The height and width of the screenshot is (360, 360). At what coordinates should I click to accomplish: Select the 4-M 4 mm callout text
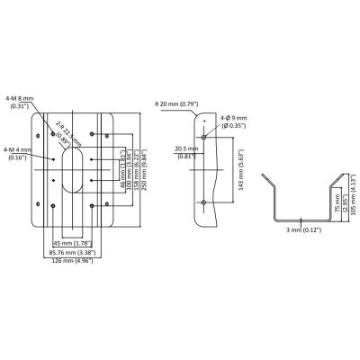(x=18, y=152)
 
